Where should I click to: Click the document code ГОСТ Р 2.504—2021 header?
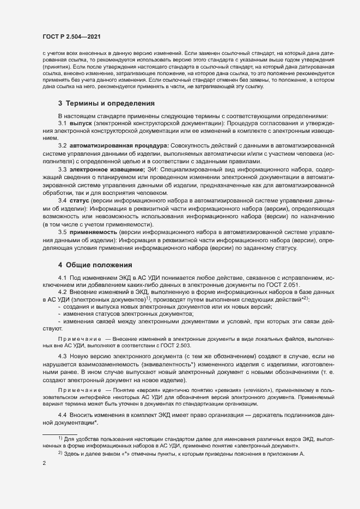[x=70, y=36]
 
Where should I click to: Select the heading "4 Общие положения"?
[x=95, y=265]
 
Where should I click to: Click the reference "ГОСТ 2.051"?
[x=275, y=286]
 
